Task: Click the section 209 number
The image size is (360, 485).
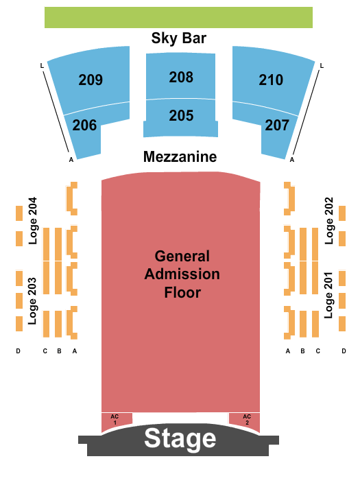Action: point(91,80)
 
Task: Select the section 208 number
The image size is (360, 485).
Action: point(181,77)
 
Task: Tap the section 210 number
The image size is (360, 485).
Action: point(271,80)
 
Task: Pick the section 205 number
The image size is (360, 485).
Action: point(181,115)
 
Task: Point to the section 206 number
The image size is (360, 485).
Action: point(84,126)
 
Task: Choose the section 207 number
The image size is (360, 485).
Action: point(277,126)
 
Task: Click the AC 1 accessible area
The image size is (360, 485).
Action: point(117,421)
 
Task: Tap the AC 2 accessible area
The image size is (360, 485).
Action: point(244,421)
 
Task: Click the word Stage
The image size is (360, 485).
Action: point(180,438)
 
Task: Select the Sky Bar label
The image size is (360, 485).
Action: point(178,38)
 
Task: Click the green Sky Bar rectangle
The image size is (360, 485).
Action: point(178,17)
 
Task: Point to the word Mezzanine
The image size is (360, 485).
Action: point(180,156)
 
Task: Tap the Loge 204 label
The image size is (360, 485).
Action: point(32,220)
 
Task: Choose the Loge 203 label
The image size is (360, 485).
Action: point(32,301)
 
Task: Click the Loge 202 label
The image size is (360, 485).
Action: point(329,220)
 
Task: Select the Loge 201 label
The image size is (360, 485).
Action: point(328,295)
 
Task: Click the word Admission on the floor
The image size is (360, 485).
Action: point(182,274)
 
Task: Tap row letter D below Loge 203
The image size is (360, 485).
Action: point(19,351)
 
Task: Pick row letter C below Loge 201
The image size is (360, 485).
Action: point(317,351)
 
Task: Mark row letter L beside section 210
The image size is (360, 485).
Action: point(322,66)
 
